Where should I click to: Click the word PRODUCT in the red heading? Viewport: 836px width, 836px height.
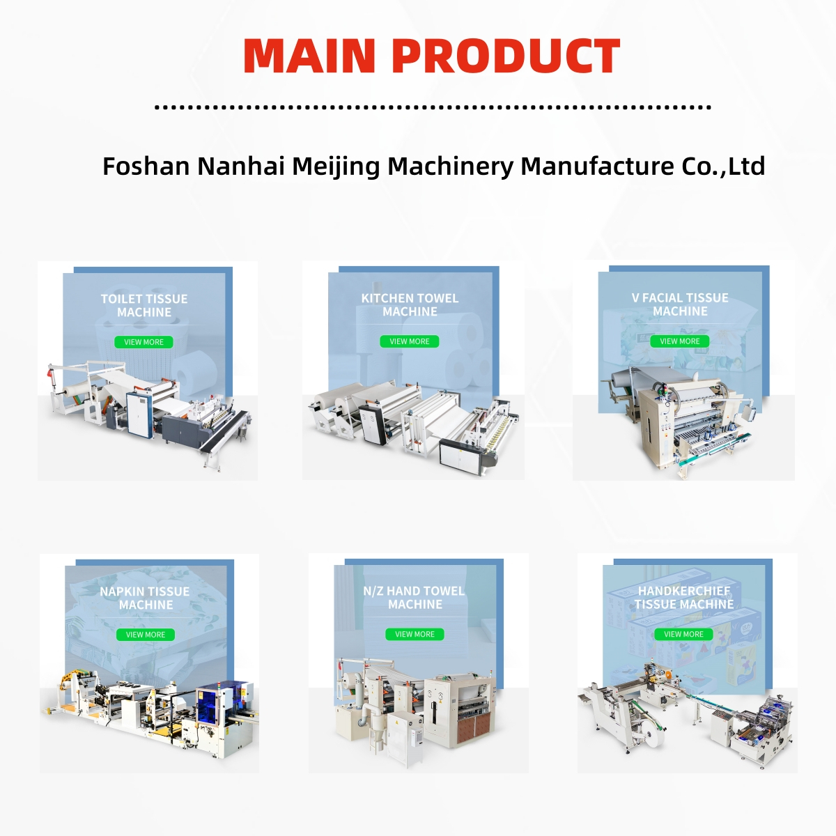point(506,56)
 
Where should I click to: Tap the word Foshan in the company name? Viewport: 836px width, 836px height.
point(146,167)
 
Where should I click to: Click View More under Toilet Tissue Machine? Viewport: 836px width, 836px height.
point(144,342)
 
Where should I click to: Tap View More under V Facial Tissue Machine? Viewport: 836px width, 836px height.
point(680,341)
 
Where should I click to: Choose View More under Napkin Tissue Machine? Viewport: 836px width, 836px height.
point(146,635)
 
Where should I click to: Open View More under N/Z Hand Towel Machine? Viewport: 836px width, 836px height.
point(415,634)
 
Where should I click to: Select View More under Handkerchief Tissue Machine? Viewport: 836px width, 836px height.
point(683,634)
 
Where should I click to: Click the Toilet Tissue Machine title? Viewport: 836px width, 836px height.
point(144,305)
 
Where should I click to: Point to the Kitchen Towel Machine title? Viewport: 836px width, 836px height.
point(410,304)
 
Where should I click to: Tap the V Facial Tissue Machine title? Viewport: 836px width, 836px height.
point(680,304)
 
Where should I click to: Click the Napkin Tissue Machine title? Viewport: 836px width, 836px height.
point(145,598)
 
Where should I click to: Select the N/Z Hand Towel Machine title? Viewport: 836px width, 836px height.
point(414,597)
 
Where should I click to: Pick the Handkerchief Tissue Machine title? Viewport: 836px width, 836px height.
point(684,597)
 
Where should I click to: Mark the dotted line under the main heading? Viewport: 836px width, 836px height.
point(432,107)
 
